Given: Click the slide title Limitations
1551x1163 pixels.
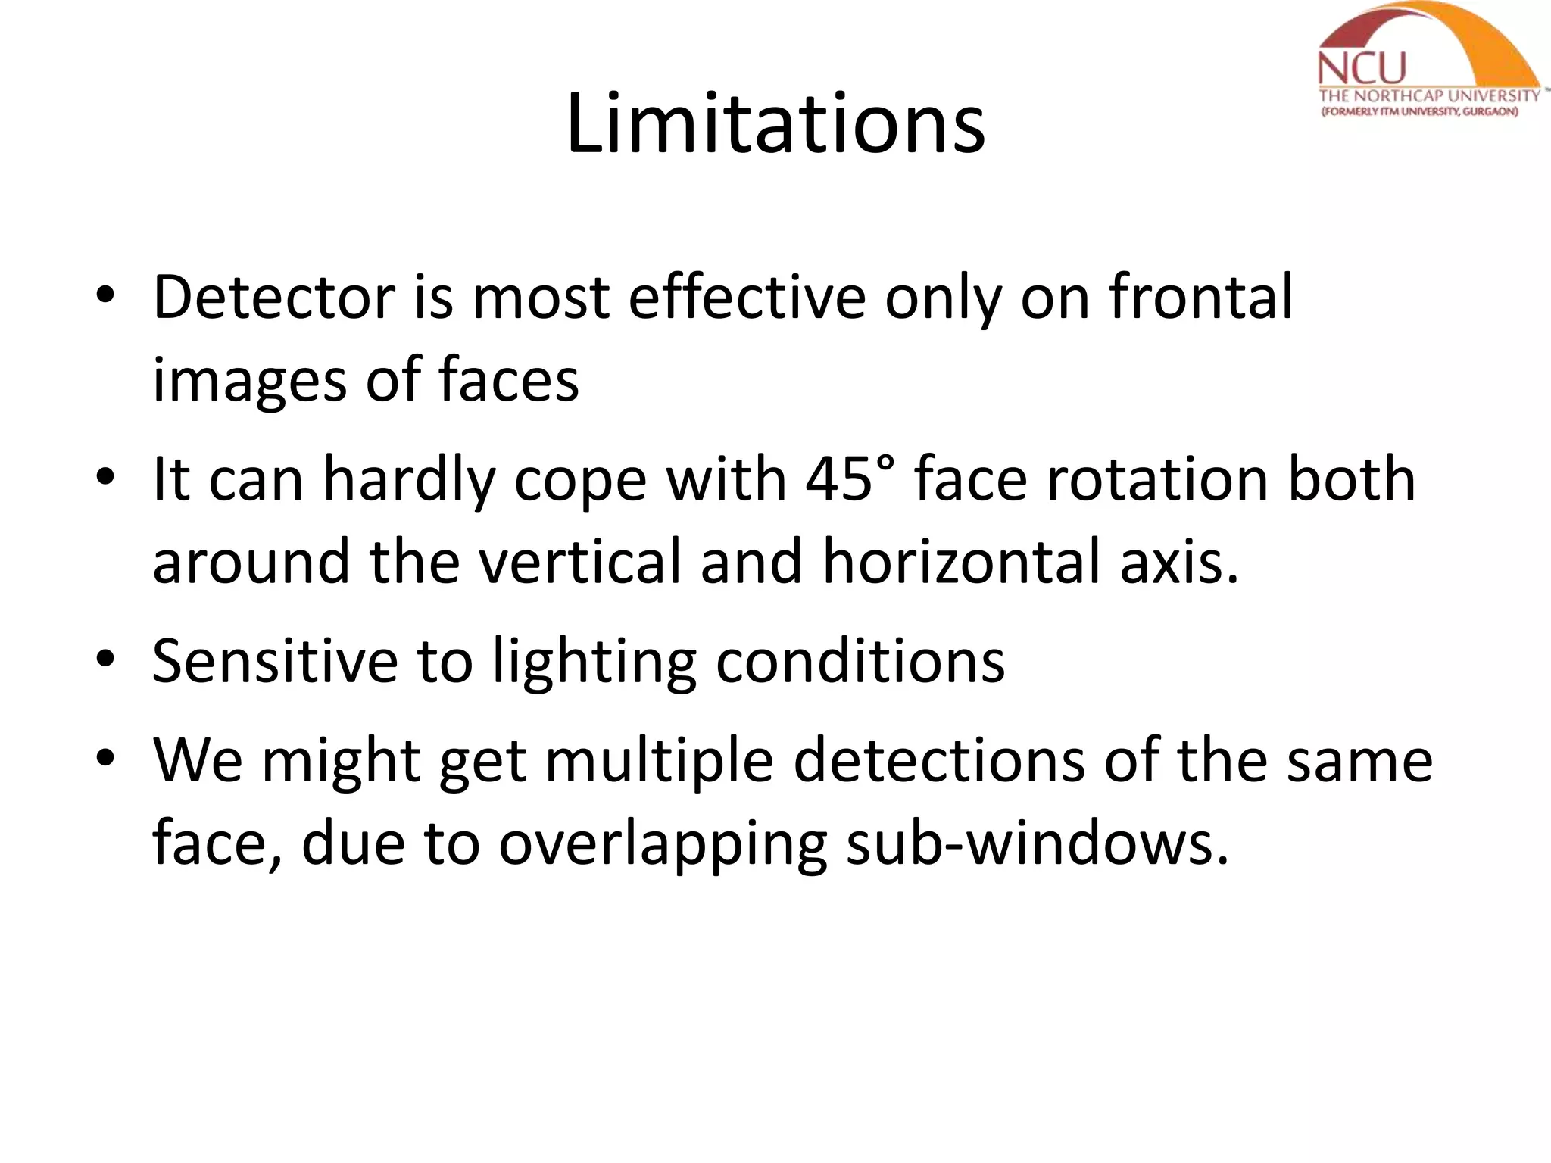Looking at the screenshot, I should [775, 123].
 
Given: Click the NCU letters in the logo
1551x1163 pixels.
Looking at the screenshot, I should [1361, 69].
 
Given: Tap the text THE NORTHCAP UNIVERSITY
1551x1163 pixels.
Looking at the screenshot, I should [1429, 96].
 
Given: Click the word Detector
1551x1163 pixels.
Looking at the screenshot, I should [273, 297].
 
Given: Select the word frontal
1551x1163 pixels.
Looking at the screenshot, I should [1202, 297].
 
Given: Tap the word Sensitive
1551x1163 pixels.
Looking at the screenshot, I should [275, 661].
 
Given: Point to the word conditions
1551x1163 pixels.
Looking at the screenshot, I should [860, 661].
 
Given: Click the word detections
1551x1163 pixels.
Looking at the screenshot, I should [939, 760].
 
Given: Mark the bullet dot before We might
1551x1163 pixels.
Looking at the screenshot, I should [105, 758].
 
